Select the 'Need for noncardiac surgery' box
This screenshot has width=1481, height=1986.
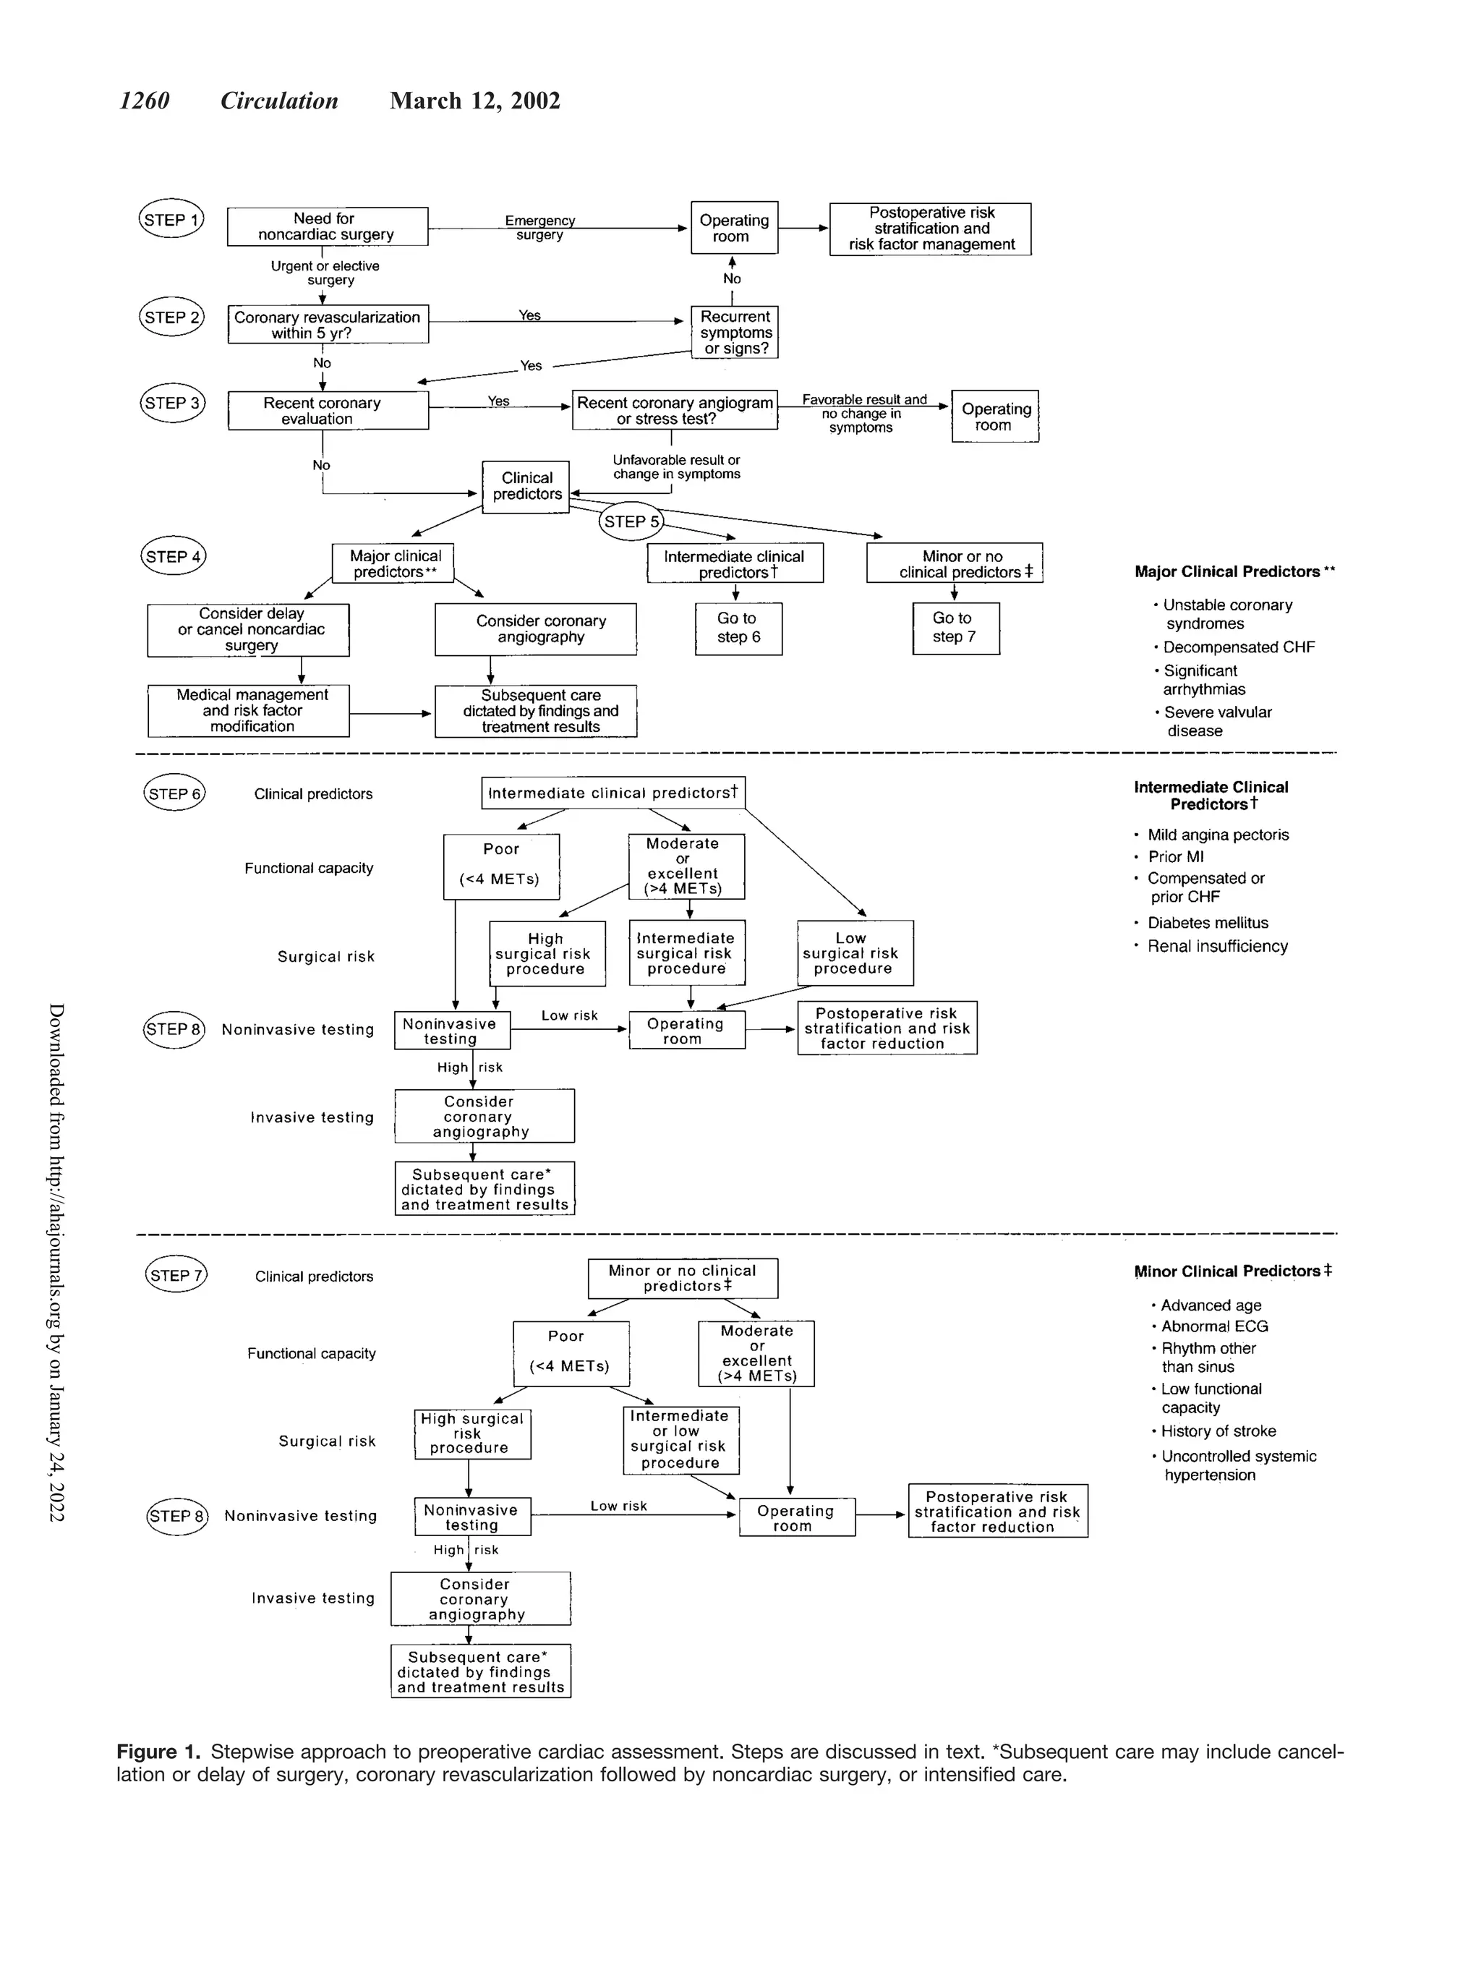click(x=327, y=226)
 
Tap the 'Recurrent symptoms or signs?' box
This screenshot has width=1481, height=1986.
click(x=734, y=333)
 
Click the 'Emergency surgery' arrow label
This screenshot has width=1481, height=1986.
click(x=539, y=227)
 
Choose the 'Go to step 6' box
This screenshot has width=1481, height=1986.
click(x=738, y=628)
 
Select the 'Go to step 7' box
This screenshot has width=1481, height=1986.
click(x=955, y=628)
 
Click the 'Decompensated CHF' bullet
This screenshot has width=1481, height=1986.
click(x=1238, y=647)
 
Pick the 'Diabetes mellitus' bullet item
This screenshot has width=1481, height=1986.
click(x=1207, y=923)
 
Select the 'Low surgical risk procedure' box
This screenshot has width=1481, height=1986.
click(x=854, y=953)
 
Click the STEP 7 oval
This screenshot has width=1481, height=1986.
click(x=176, y=1275)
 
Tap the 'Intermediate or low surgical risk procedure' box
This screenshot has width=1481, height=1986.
click(x=680, y=1439)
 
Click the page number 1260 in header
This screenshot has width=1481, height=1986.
click(x=145, y=101)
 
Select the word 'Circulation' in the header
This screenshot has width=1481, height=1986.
click(x=280, y=101)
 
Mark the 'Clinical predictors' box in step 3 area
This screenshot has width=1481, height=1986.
click(x=526, y=486)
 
